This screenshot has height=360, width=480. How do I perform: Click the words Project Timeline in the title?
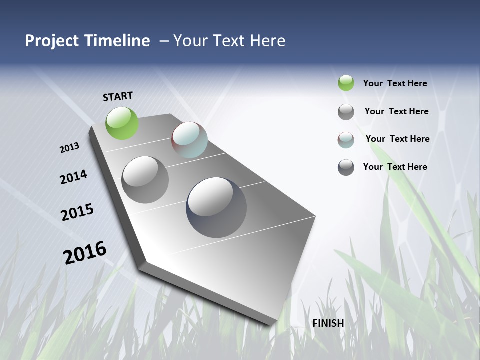click(87, 41)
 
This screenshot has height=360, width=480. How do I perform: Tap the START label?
click(118, 96)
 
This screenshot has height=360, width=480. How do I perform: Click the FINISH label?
click(328, 323)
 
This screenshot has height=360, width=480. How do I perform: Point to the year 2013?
click(70, 148)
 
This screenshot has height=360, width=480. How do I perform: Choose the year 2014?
click(73, 177)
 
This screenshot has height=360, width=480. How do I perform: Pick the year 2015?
click(77, 212)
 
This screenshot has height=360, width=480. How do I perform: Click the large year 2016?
click(85, 253)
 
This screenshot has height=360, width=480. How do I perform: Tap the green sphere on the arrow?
click(122, 123)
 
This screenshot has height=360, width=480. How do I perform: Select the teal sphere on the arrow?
click(189, 140)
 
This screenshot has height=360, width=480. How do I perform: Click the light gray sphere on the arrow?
click(145, 180)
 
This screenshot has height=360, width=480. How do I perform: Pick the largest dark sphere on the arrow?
click(216, 207)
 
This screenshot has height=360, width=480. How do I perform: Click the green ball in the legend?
click(346, 83)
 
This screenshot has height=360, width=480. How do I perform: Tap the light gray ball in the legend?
click(346, 112)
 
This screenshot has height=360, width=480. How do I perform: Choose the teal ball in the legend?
click(346, 140)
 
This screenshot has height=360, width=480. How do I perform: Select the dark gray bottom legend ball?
click(346, 167)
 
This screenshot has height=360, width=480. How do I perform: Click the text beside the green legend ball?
click(395, 83)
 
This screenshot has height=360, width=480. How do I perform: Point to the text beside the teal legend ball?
click(397, 139)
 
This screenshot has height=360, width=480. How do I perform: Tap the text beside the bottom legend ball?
click(395, 167)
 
